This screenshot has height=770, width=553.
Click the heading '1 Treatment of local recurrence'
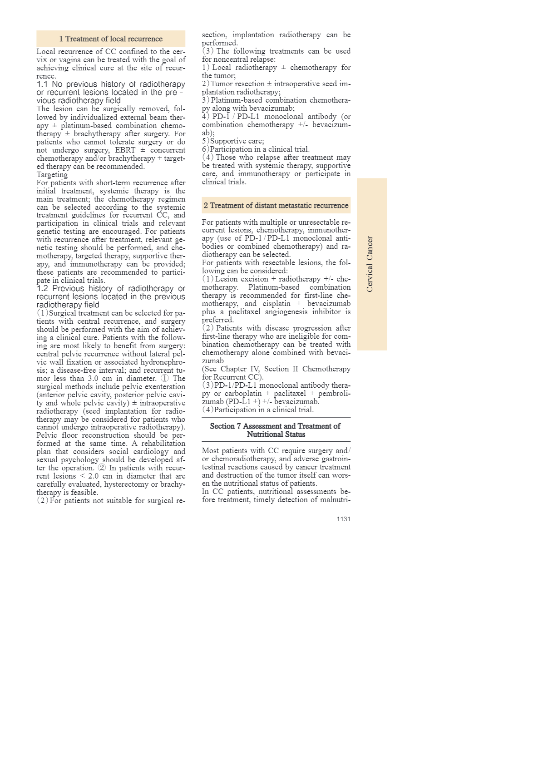tap(111, 39)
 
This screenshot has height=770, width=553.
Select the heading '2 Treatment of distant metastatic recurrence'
tap(276, 206)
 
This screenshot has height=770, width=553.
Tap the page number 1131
tap(343, 519)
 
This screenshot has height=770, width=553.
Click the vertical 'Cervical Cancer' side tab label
tap(370, 264)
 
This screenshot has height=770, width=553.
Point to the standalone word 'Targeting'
tap(52, 175)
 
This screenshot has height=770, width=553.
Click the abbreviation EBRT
tap(123, 150)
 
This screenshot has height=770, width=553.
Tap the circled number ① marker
tap(165, 379)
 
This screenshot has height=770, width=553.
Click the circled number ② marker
tap(102, 468)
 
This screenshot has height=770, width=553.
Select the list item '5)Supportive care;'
tap(233, 141)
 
